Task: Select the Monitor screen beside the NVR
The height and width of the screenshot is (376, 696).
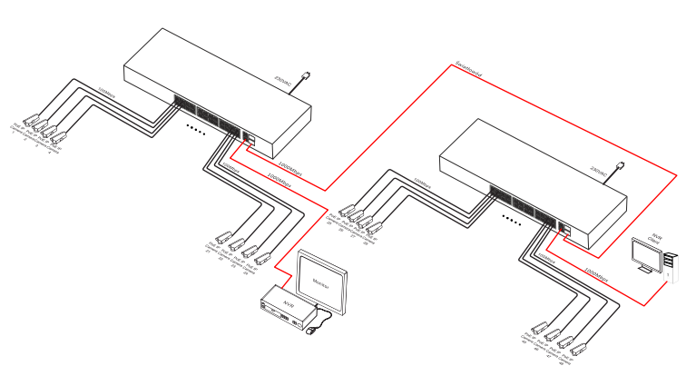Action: [x=323, y=282]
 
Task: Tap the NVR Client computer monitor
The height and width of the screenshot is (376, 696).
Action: [x=647, y=255]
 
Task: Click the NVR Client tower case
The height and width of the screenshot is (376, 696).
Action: [x=670, y=263]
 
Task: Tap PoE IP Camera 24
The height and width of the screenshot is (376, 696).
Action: [x=263, y=257]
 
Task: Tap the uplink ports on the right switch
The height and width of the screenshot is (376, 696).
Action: [x=564, y=228]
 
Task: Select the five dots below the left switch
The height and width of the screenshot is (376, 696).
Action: [x=196, y=128]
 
